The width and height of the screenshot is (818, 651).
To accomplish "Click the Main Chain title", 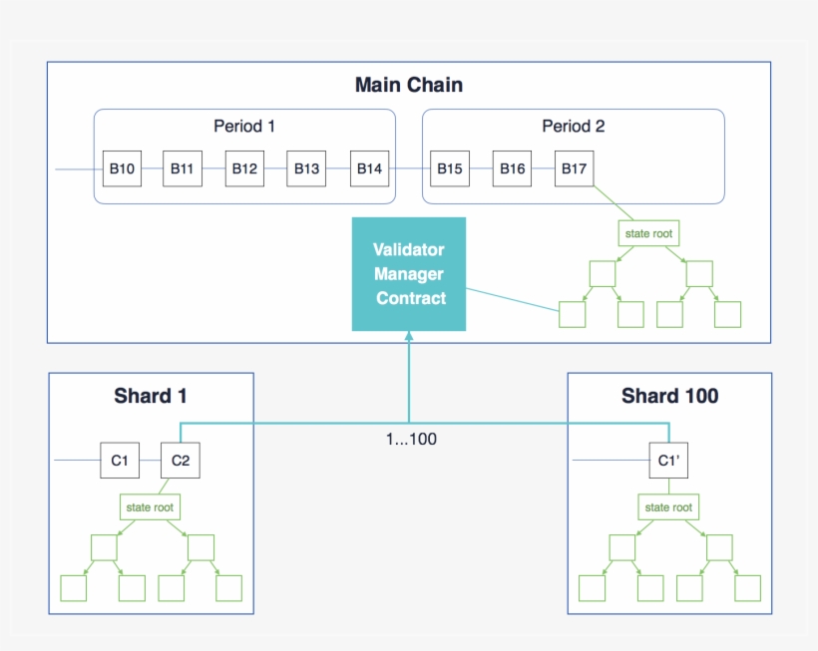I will (408, 85).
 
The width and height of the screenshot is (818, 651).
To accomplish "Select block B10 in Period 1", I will (122, 168).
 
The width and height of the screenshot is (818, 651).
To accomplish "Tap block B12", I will (244, 168).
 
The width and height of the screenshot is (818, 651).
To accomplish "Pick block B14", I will (368, 168).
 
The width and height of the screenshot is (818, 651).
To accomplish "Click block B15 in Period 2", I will (450, 168).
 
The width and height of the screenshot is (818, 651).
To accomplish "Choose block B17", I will (574, 168).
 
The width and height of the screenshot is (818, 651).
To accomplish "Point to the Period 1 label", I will (243, 127).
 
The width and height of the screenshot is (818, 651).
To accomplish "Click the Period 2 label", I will (573, 127).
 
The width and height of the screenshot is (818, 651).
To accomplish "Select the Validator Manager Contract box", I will (409, 273).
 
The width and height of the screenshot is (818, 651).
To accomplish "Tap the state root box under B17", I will (648, 233).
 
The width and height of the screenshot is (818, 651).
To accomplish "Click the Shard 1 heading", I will (151, 396).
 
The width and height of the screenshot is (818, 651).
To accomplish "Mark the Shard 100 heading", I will (669, 396).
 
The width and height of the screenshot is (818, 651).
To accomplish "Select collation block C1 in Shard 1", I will (120, 461).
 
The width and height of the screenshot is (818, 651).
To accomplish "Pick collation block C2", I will (181, 461).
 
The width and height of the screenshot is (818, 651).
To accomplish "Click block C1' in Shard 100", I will (668, 461).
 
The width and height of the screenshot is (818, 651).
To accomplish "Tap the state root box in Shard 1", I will (150, 507).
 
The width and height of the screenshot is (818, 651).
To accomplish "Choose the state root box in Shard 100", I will (668, 507).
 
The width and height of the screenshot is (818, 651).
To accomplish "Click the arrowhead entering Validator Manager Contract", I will (409, 338).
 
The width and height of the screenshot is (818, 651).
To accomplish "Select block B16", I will (512, 168).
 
